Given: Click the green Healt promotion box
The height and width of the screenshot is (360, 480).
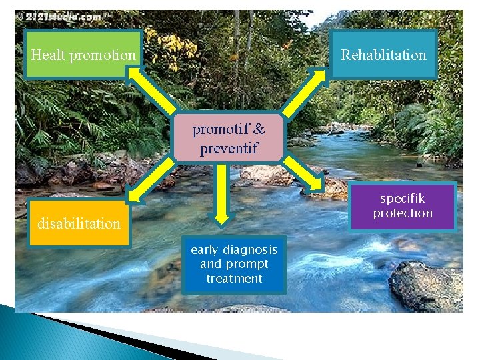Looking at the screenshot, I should tap(83, 55).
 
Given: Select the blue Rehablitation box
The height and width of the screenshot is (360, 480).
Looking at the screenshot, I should tap(383, 55).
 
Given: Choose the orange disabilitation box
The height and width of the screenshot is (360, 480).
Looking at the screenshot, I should tap(78, 223).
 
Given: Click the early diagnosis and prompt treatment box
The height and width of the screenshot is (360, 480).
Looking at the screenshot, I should tap(234, 265).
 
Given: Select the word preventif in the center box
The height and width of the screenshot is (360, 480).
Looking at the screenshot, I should tap(229, 147).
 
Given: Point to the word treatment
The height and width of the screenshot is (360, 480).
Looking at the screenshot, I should tap(234, 279).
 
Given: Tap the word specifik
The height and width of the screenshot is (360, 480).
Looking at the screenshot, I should tap(403, 199).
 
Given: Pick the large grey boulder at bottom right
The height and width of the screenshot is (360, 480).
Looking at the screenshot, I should tap(427, 287).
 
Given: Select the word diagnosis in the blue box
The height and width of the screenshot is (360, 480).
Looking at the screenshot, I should tap(251, 250).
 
